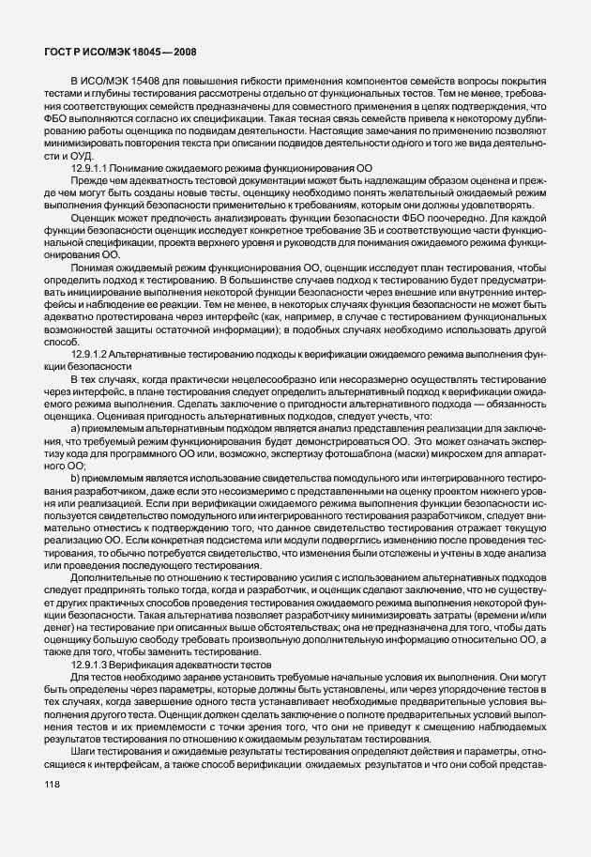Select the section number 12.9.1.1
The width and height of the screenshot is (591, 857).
pos(121,166)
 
